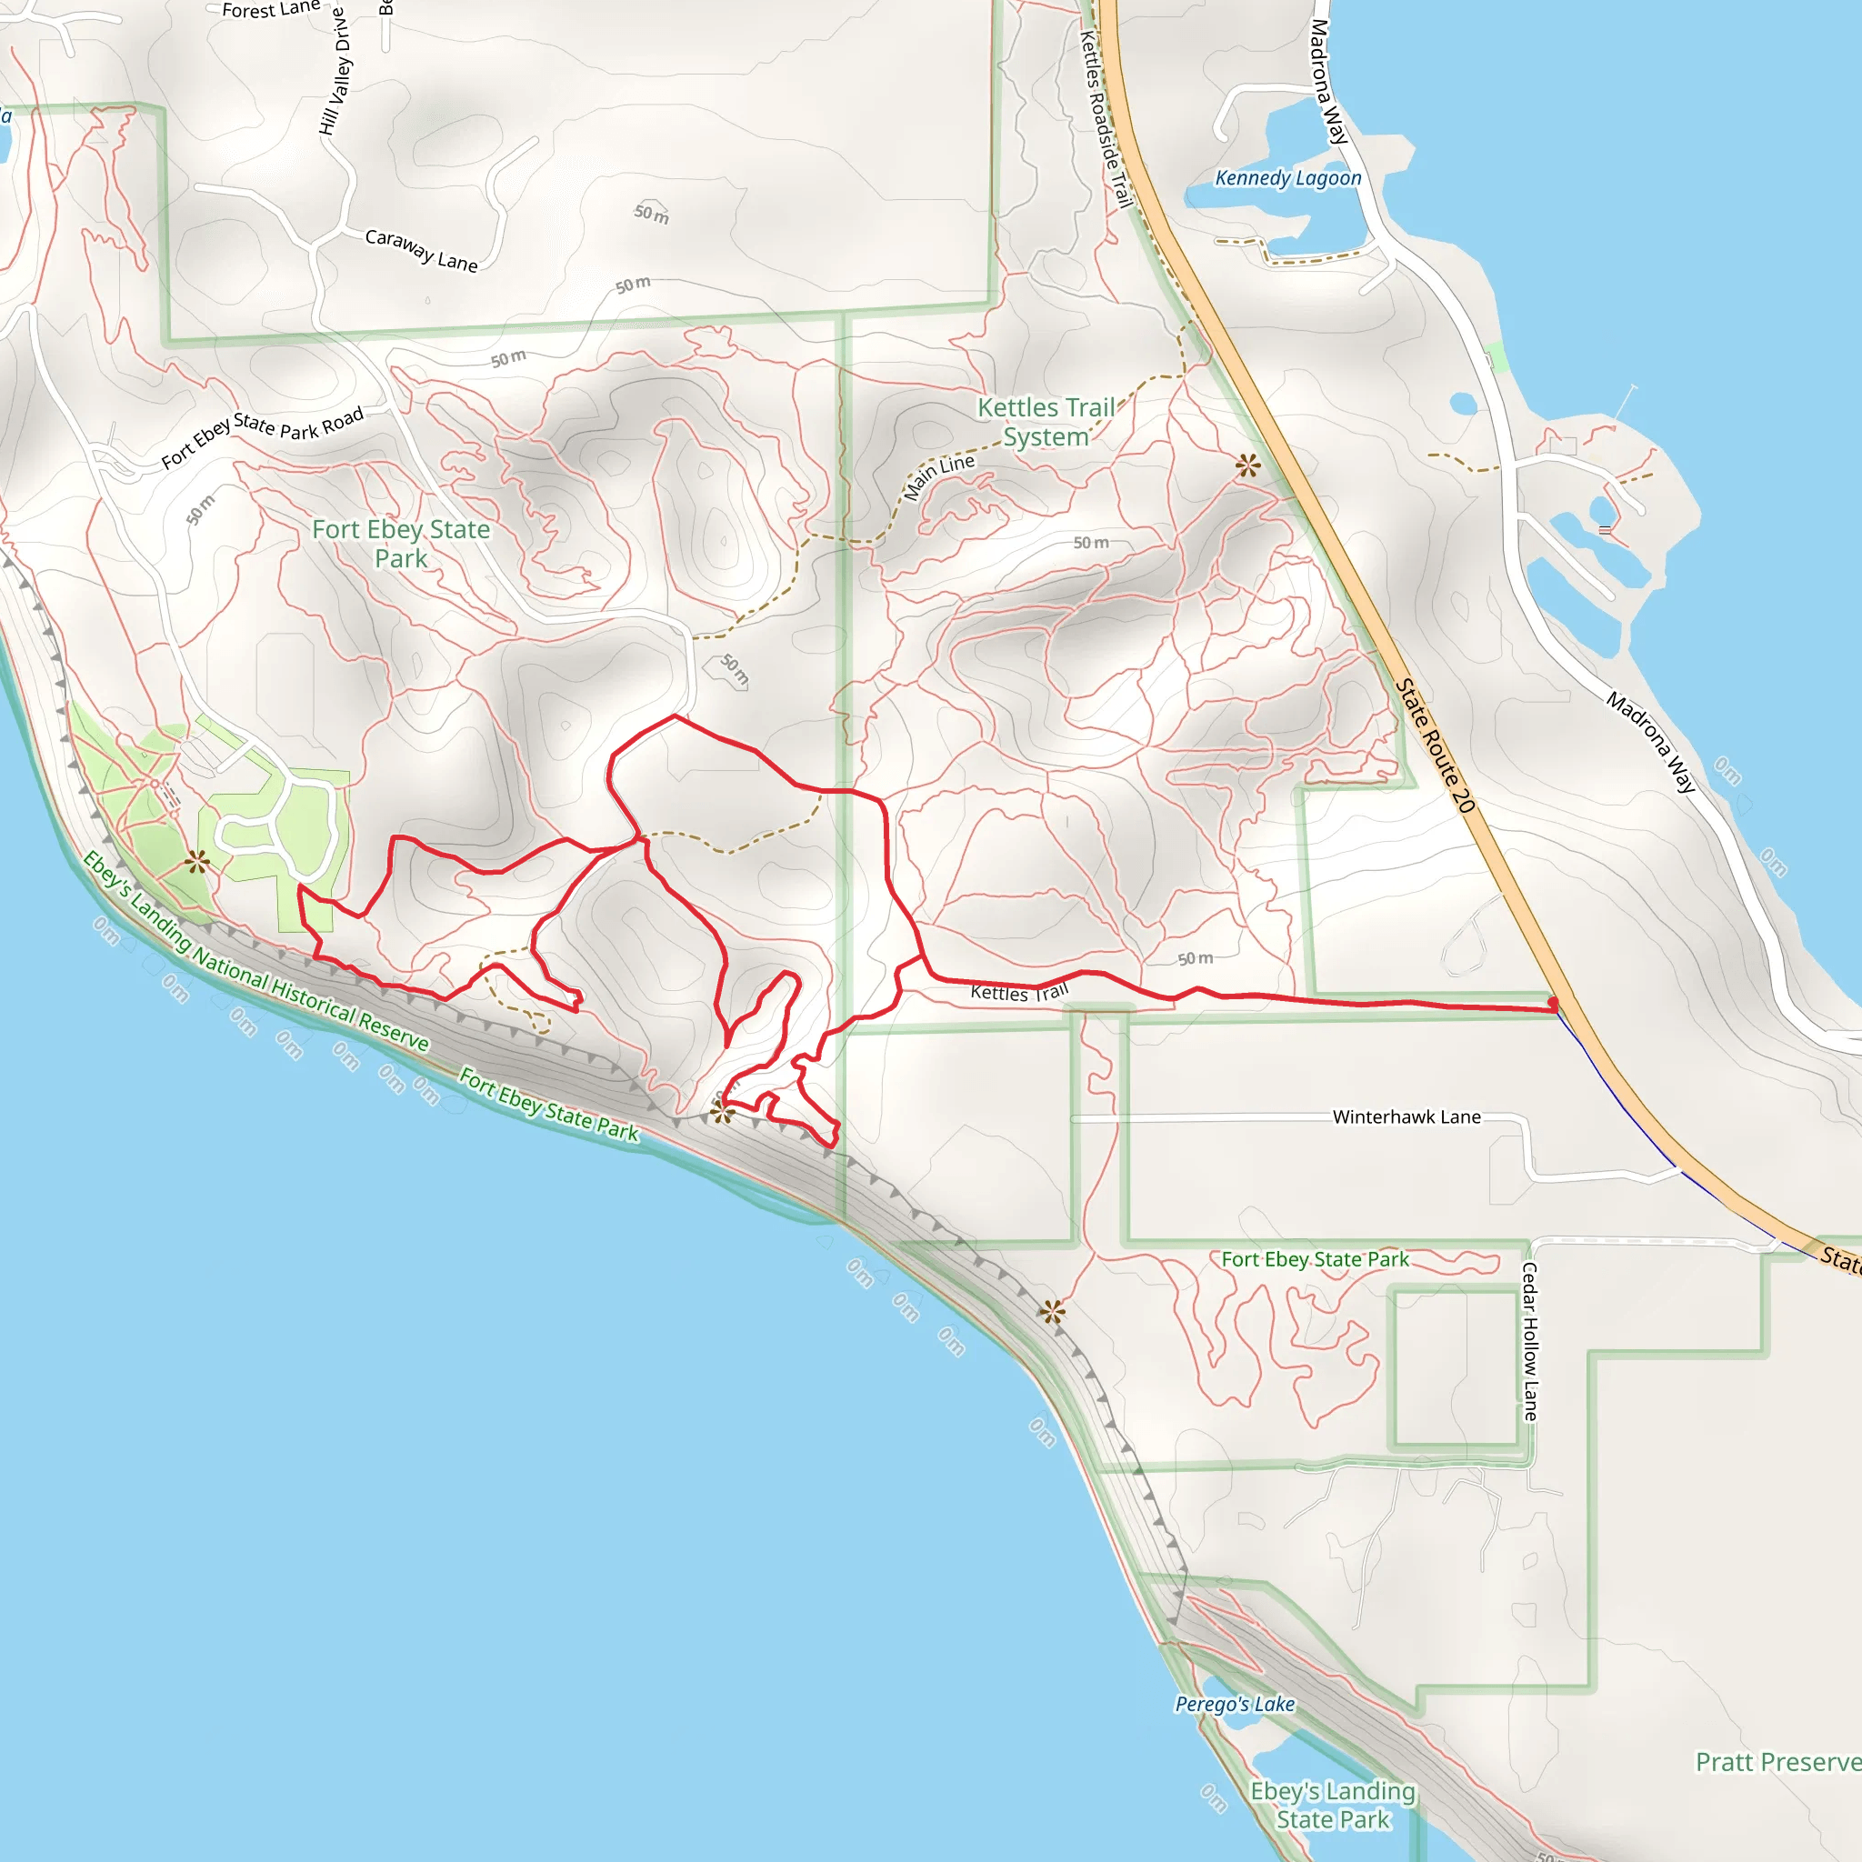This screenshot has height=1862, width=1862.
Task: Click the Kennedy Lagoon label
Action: [x=1287, y=178]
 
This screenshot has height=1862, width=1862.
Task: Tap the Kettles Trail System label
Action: [x=1046, y=422]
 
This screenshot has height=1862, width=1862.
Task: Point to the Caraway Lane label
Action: [x=421, y=251]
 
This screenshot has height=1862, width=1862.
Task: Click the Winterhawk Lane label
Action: [x=1407, y=1117]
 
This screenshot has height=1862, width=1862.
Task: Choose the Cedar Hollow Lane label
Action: [x=1529, y=1341]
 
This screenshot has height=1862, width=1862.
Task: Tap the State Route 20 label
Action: [x=1435, y=746]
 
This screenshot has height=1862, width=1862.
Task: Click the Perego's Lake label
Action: [x=1235, y=1704]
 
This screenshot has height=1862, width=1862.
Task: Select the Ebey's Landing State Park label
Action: [x=1333, y=1805]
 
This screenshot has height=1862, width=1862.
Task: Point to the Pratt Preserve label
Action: [x=1778, y=1762]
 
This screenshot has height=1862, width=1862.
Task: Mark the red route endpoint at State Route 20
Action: [x=1553, y=1006]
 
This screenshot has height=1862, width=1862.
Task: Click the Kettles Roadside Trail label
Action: [x=1106, y=118]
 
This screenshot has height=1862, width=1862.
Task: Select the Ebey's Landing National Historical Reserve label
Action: [x=255, y=950]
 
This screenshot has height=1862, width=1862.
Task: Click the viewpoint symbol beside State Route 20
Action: [x=1248, y=466]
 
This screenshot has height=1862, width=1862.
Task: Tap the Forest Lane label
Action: [x=271, y=10]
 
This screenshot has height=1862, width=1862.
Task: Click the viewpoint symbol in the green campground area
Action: [x=197, y=862]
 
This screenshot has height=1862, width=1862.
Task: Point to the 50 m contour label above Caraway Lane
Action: [x=652, y=213]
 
